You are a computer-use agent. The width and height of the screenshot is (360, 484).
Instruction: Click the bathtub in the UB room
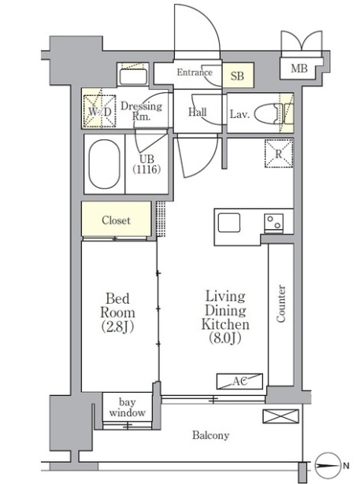(104, 164)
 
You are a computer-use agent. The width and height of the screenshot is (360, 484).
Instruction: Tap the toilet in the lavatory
(268, 113)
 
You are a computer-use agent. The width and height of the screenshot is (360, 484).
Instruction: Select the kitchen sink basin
(229, 223)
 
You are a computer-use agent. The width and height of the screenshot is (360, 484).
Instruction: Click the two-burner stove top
(274, 222)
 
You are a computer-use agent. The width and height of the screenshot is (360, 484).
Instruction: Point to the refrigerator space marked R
(279, 153)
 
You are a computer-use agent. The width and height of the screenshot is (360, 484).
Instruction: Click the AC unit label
(239, 381)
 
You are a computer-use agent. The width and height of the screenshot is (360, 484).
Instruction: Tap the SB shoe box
(238, 76)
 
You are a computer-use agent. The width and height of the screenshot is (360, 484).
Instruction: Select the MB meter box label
(299, 68)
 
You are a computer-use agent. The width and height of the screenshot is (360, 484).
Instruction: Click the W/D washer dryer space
(100, 111)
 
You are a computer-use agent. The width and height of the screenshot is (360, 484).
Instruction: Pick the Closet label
(116, 220)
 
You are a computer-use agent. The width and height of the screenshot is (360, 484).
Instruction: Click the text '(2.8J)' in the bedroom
(117, 327)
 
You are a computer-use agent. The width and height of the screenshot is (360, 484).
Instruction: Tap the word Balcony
(211, 435)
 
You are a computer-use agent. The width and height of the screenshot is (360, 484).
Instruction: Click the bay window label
(127, 407)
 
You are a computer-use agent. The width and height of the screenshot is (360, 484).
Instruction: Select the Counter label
(281, 304)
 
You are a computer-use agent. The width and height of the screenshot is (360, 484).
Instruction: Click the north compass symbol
(327, 465)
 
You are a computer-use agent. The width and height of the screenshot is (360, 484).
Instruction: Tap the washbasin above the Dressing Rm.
(133, 77)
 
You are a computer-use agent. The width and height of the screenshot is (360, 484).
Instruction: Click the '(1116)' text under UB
(147, 169)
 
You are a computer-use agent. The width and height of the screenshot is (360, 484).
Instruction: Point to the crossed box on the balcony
(280, 416)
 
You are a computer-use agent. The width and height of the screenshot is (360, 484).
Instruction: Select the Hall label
(198, 112)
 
